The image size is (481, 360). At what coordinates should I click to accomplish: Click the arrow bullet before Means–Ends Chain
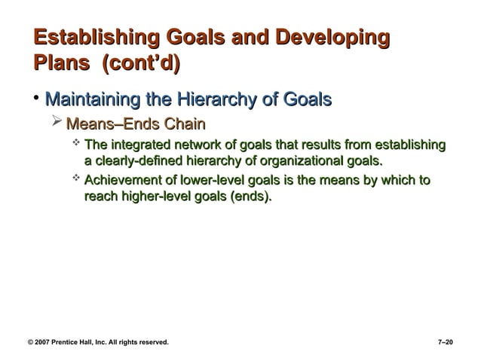58,123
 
